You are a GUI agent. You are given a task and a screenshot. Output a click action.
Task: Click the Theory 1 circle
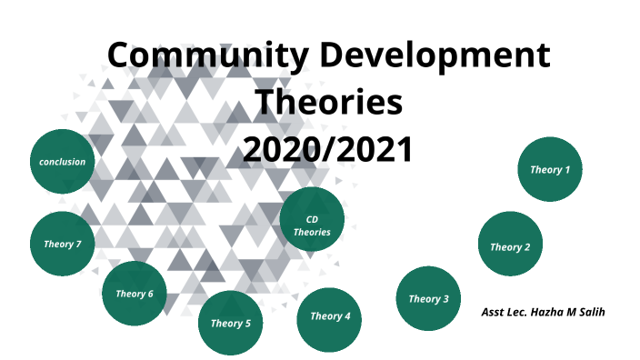point(550,169)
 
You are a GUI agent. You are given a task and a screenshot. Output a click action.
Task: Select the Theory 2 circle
point(510,245)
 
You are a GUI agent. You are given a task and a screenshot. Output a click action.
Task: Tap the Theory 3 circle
point(428,298)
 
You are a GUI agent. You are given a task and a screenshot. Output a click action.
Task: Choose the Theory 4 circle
point(329,316)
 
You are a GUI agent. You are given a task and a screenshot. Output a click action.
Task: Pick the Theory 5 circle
point(230,323)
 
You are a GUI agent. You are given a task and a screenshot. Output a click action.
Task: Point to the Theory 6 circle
point(134,294)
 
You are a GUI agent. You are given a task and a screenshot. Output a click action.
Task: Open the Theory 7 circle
point(62,244)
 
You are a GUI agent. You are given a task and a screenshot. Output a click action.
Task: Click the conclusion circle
point(62,162)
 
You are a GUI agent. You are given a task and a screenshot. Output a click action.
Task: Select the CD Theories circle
point(312,225)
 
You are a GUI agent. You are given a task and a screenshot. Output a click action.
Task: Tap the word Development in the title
point(442,56)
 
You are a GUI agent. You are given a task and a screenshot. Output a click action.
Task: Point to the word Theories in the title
point(328,102)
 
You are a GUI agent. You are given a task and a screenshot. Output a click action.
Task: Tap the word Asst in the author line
point(494,313)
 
